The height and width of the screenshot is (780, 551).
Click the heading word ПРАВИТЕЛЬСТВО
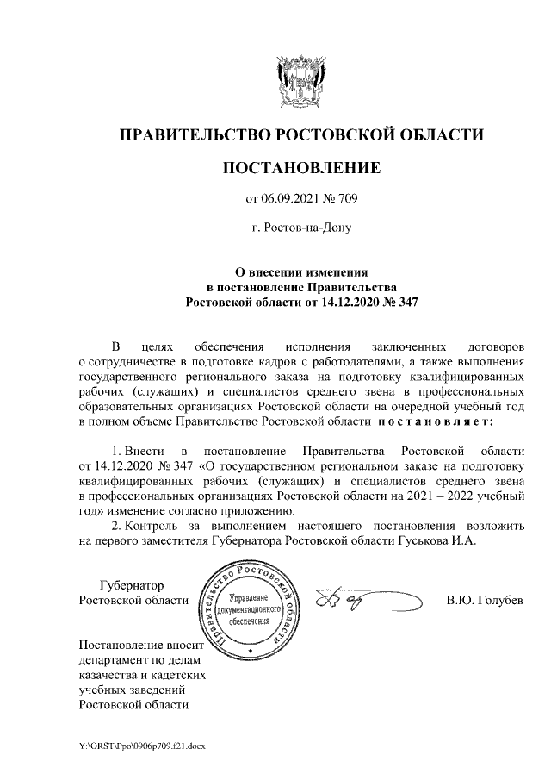click(192, 134)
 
